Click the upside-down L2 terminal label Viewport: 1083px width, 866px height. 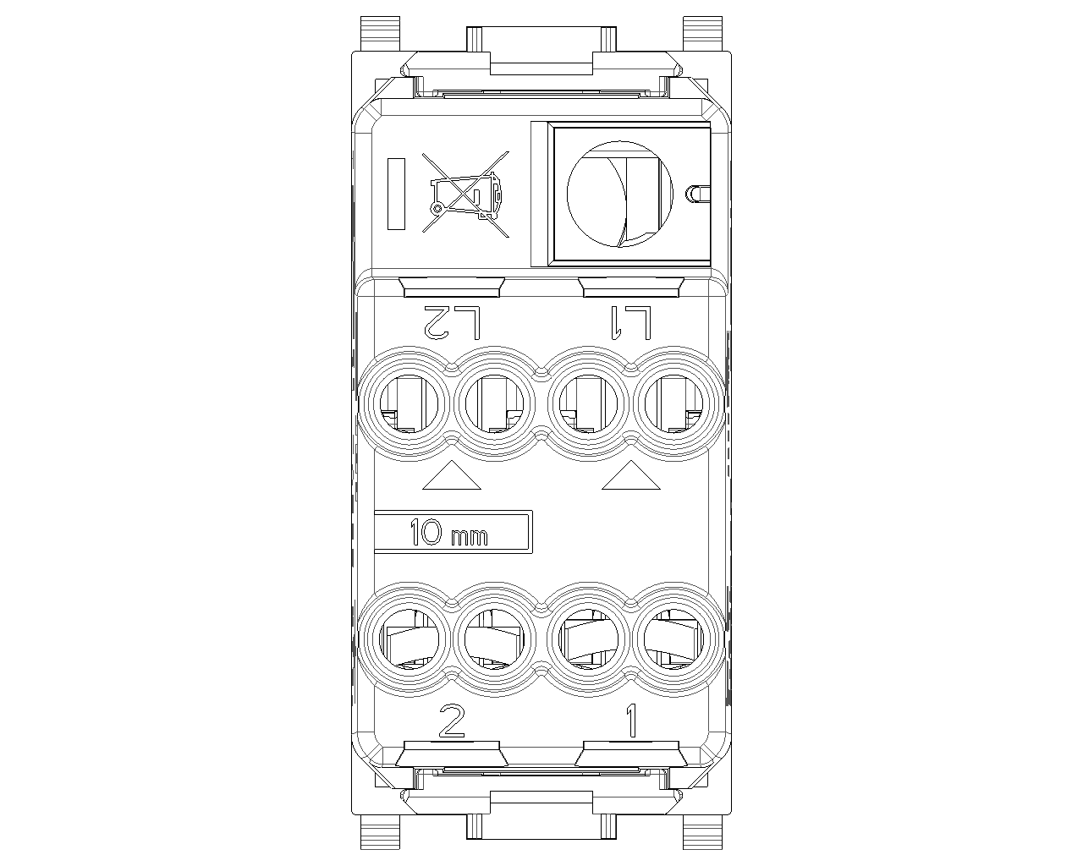coord(453,321)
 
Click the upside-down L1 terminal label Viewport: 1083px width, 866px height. coord(630,322)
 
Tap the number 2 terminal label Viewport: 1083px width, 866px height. coord(452,721)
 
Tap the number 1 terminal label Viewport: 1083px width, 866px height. coord(631,721)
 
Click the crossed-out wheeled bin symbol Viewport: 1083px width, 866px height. coord(465,194)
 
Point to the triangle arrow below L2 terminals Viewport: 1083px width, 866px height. coord(452,474)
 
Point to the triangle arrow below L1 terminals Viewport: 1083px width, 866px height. coord(631,474)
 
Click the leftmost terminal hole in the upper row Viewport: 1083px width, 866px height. coord(409,403)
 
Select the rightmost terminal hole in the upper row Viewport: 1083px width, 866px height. coord(674,403)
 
